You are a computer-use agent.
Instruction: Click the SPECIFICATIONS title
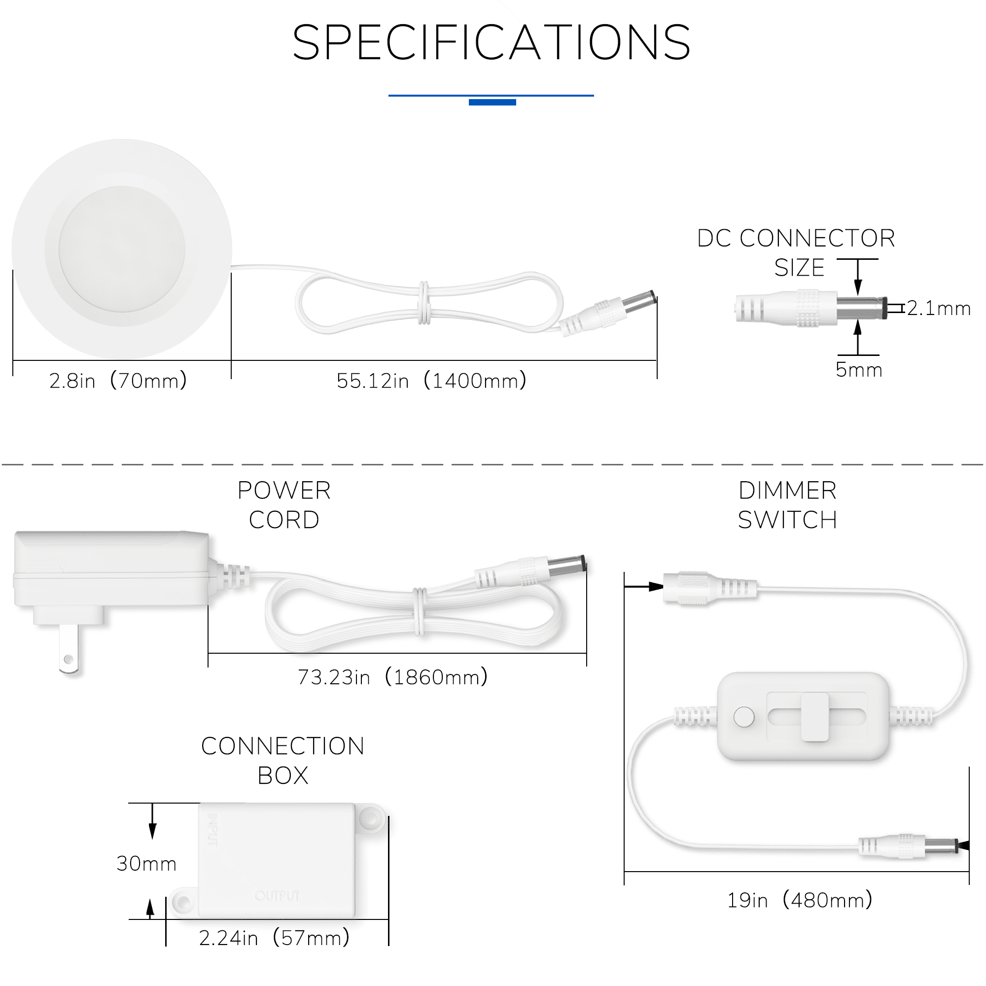(x=492, y=42)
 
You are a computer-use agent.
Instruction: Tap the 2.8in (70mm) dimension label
(x=118, y=381)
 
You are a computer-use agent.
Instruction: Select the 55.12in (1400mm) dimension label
(x=431, y=381)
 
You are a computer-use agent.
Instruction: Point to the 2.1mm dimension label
(x=939, y=308)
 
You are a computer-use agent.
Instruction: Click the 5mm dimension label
(x=859, y=369)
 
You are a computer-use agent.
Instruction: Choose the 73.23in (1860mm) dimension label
(x=392, y=677)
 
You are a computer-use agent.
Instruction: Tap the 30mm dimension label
(x=146, y=864)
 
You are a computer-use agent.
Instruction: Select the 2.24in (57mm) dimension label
(x=274, y=938)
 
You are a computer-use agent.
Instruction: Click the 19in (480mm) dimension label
(x=800, y=900)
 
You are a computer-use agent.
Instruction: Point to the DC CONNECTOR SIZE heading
(x=796, y=252)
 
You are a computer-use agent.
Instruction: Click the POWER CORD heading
(x=284, y=505)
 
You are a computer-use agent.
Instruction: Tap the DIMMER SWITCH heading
(x=787, y=505)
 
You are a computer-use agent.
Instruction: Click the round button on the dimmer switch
(x=743, y=716)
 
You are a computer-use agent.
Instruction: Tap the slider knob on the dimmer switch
(x=814, y=716)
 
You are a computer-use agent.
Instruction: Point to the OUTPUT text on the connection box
(x=277, y=896)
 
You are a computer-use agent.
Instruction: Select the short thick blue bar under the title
(x=493, y=102)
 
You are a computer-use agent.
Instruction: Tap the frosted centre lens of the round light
(x=121, y=249)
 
